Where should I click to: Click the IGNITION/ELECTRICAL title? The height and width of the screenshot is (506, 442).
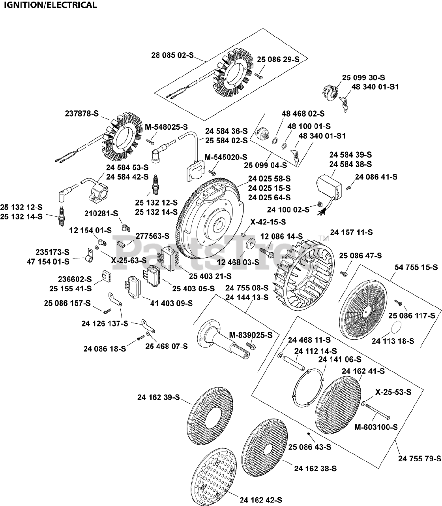point(50,5)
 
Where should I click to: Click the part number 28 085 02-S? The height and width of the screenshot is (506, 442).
point(173,56)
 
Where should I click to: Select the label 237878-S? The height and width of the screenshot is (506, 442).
point(82,113)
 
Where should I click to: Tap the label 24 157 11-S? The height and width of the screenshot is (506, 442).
point(351,232)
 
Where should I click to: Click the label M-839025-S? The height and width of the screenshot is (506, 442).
point(251,335)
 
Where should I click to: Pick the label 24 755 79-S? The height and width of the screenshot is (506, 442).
point(420,459)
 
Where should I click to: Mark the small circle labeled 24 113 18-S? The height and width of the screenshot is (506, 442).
point(397,328)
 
